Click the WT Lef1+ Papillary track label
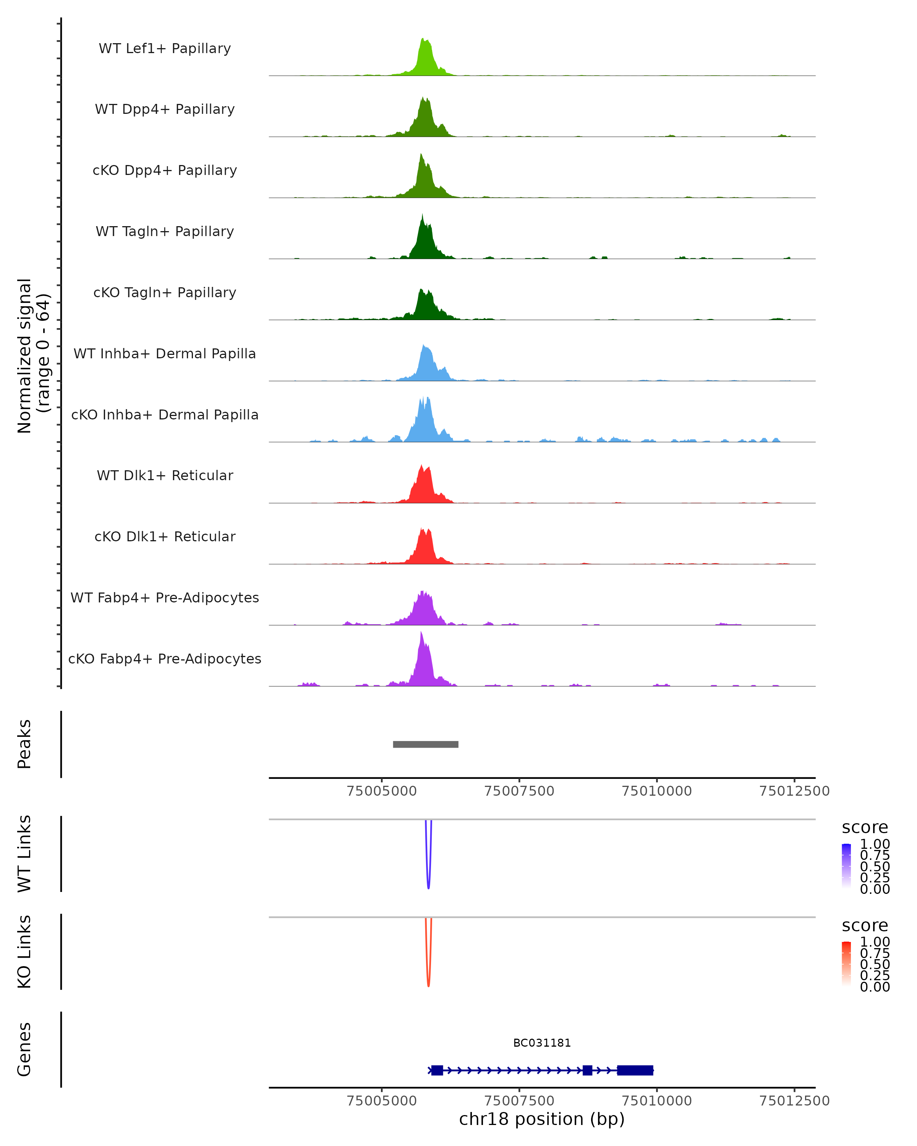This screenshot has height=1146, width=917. (165, 49)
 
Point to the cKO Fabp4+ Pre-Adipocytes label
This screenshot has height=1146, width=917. (165, 659)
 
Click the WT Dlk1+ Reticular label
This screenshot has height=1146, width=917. (165, 475)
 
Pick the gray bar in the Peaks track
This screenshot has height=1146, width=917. (425, 744)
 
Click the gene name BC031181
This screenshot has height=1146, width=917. (542, 1043)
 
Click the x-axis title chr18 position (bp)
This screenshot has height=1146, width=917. (542, 1119)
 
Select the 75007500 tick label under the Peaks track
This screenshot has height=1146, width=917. (519, 791)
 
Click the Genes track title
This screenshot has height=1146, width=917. (24, 1049)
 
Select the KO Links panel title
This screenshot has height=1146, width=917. (24, 952)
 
